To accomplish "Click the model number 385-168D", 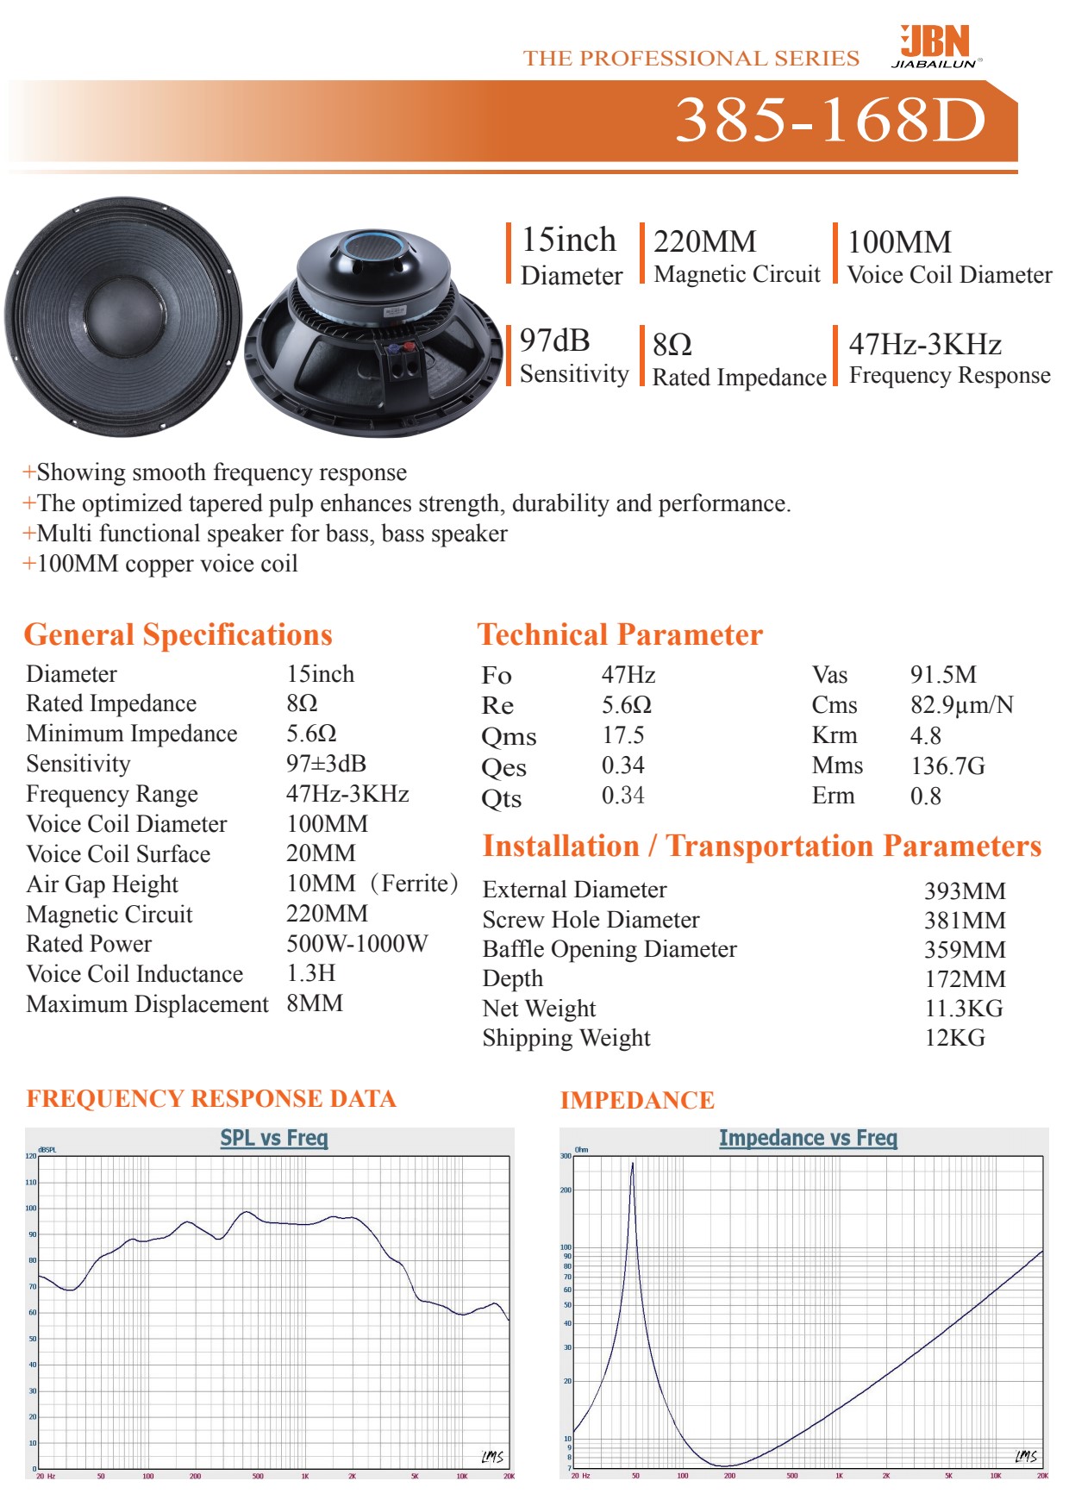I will coord(830,120).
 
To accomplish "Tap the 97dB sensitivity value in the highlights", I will coord(554,341).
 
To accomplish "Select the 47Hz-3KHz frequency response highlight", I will coord(925,345).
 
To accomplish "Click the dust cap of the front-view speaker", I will coord(123,317).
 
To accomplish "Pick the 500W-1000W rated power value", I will coord(357,944).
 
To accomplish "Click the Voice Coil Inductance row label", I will coord(134,974).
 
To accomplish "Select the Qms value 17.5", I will coord(622,735).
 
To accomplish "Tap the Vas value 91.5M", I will coord(943,675).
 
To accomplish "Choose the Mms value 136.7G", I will coord(947,765).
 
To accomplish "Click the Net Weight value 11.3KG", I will coord(964,1009).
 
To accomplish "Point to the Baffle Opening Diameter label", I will coord(610,949).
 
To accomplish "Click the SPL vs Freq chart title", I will coord(274,1138).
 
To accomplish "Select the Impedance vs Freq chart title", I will coord(808,1139).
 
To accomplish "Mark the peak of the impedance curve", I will coord(632,1164).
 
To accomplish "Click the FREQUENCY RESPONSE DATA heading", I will coord(211,1099).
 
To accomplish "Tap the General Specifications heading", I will coord(178,635).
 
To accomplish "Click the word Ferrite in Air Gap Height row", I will coord(415,884).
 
